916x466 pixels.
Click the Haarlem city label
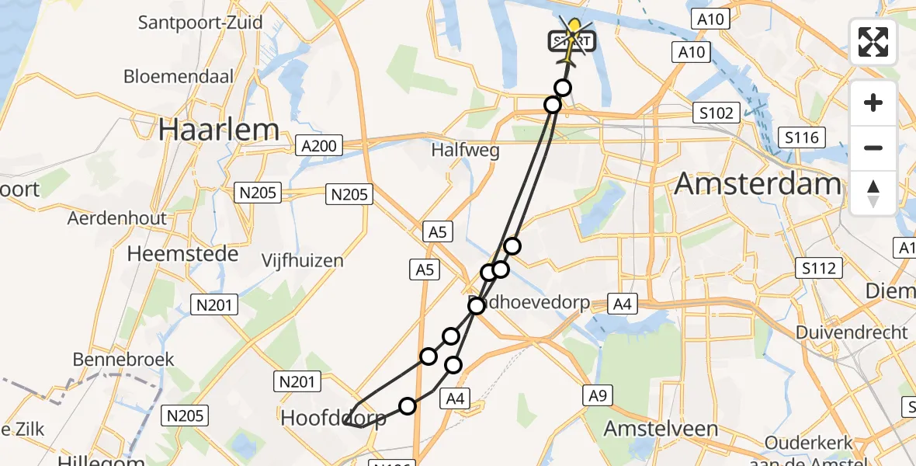tap(218, 130)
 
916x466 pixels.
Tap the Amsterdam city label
tap(758, 184)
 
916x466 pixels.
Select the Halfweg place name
tap(466, 151)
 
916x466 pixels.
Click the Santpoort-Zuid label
tap(200, 22)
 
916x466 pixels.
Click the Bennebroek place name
tap(123, 360)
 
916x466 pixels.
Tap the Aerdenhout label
tap(117, 218)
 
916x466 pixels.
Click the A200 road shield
tap(319, 145)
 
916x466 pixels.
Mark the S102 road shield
tap(715, 113)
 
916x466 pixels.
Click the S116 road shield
tap(802, 138)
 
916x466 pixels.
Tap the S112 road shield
tap(819, 269)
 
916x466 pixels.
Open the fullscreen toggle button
tap(873, 42)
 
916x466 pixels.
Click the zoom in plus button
tap(873, 103)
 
